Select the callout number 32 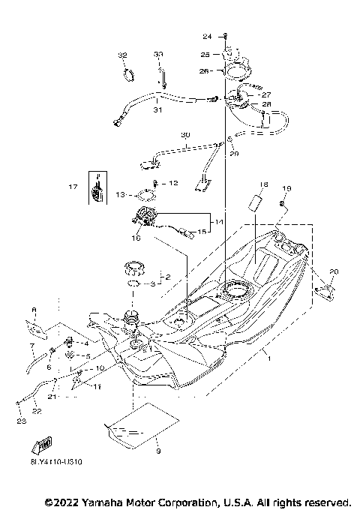(x=122, y=55)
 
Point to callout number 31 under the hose (x=157, y=110)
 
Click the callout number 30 (x=185, y=135)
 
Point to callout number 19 (x=286, y=188)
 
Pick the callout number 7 (x=31, y=347)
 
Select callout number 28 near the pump (x=265, y=104)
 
